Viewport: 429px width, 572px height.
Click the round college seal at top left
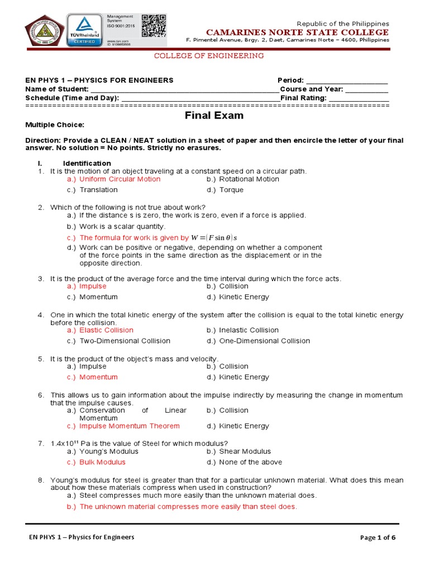(44, 31)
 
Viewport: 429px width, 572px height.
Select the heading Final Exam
(214, 116)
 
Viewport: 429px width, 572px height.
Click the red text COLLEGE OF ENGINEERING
(208, 56)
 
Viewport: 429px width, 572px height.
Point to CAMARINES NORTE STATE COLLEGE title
(297, 32)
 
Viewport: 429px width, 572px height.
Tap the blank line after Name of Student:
(184, 89)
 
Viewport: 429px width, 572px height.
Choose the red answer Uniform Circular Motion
(120, 179)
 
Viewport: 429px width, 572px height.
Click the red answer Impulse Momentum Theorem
(129, 426)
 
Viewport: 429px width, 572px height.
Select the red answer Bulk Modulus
(102, 463)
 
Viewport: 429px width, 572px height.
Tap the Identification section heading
(87, 163)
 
